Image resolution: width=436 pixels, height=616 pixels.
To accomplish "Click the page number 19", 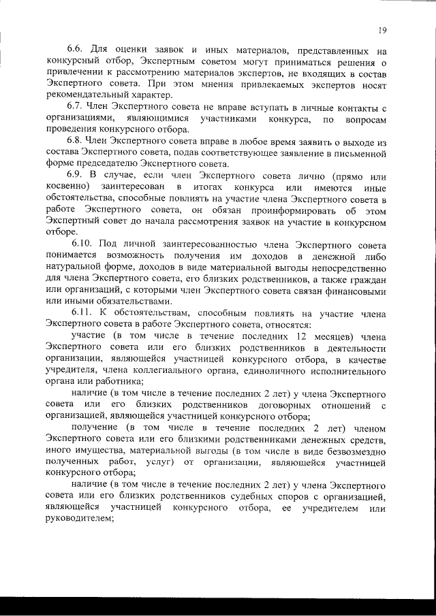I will point(384,30).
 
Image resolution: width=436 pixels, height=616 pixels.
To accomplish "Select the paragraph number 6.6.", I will point(74,50).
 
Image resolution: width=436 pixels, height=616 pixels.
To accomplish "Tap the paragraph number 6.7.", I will point(74,109).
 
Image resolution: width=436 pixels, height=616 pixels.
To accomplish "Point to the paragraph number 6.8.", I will point(74,142).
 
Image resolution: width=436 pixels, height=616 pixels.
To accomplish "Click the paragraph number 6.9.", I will point(74,176).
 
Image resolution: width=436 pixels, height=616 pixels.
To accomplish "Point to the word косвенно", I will point(67,187).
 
